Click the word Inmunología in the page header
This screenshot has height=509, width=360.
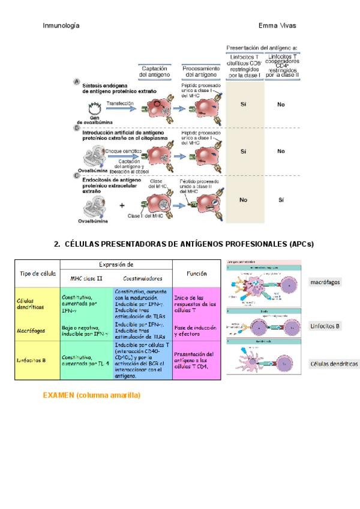click(62, 26)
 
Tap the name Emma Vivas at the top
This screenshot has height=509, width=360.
click(277, 26)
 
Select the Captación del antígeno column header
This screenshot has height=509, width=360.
click(154, 72)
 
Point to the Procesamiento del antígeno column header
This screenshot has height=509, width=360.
click(200, 72)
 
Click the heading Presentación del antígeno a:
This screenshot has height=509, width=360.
click(262, 47)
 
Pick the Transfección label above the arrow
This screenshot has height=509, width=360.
click(120, 103)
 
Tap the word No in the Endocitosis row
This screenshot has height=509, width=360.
click(243, 200)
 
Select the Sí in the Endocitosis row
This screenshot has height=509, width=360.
click(281, 200)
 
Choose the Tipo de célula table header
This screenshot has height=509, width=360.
click(38, 273)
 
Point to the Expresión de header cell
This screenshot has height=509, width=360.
click(116, 264)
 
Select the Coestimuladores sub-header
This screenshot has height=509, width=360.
click(142, 279)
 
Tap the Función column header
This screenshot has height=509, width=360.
click(197, 273)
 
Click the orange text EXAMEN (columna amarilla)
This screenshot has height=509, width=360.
click(92, 396)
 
